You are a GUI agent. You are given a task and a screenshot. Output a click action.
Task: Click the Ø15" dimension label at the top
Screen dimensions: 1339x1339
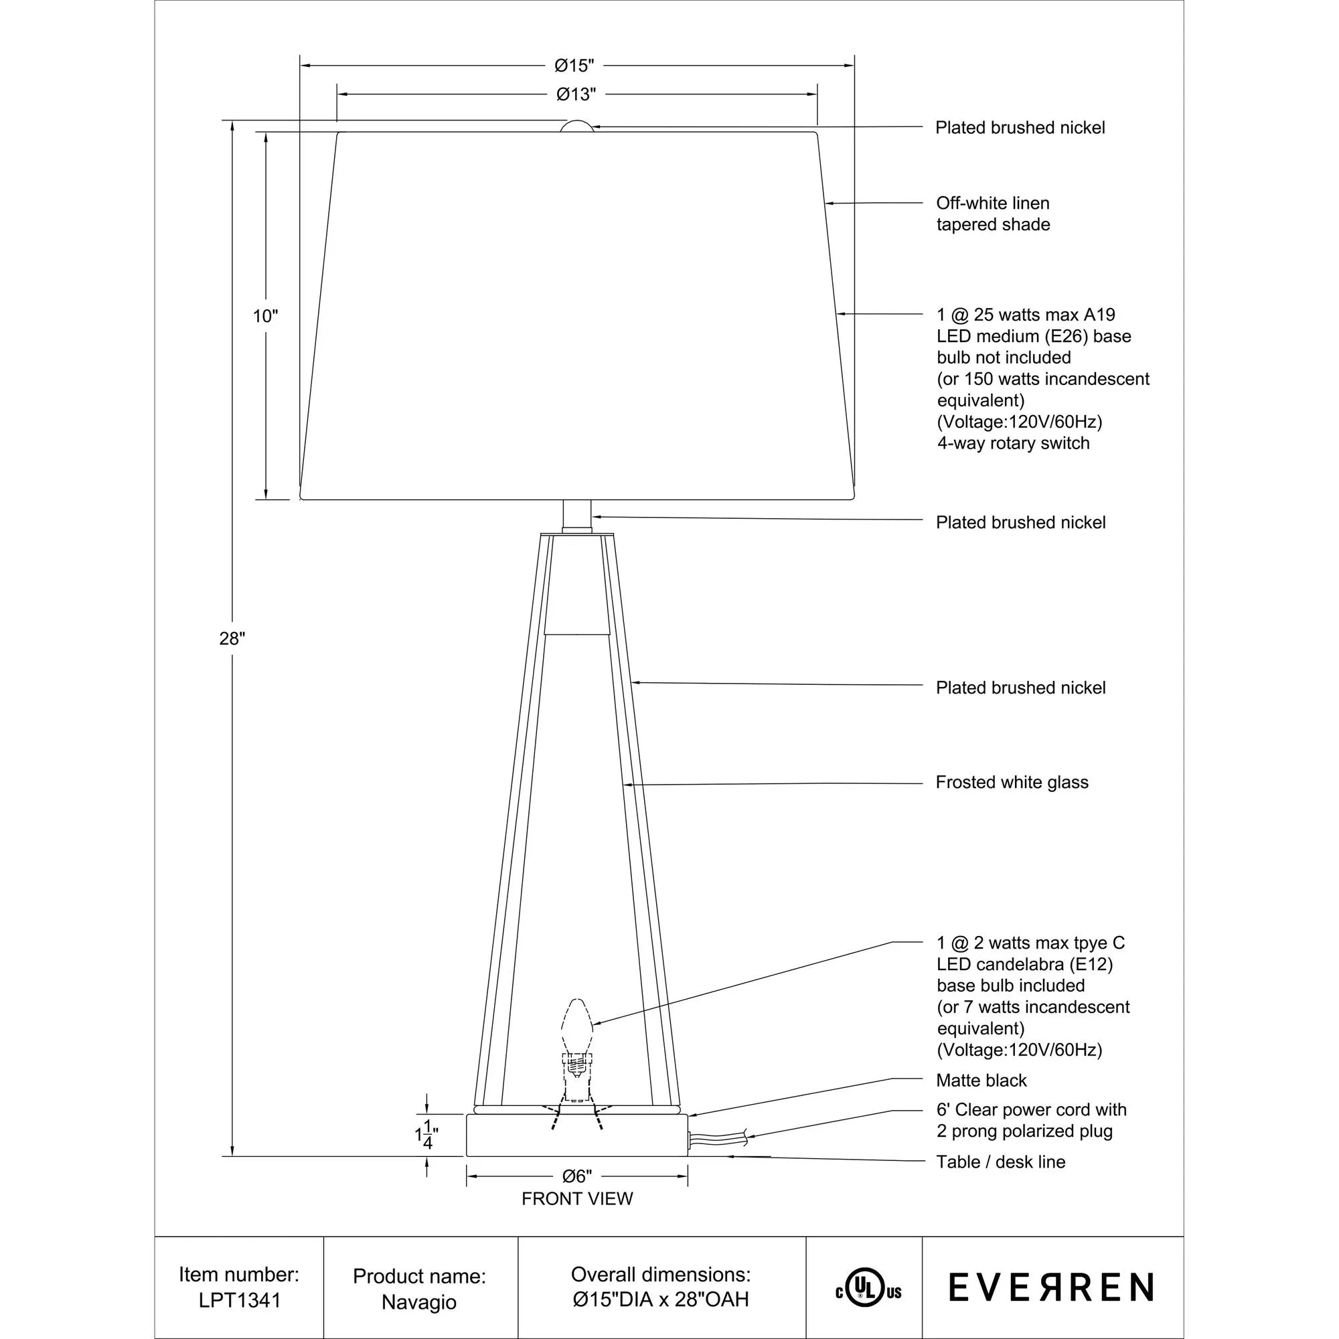574,66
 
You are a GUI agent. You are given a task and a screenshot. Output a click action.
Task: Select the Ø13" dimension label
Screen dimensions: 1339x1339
576,94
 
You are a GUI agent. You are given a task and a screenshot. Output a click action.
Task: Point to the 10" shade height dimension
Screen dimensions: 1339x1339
264,317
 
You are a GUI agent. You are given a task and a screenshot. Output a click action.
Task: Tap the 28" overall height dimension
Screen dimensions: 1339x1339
232,638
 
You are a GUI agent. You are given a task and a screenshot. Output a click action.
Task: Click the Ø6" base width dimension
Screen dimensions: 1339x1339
576,1176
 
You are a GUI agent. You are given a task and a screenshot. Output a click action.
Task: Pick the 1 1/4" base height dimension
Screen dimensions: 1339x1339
426,1135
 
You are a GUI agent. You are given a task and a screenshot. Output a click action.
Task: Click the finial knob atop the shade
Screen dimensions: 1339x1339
576,126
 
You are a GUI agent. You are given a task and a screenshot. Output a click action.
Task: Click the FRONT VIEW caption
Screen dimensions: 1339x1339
576,1199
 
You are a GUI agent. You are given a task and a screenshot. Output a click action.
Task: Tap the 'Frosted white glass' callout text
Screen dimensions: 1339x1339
1011,783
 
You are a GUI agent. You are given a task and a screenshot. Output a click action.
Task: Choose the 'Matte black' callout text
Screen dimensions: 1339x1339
981,1081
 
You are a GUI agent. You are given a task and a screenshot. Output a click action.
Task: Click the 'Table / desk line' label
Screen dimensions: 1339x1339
1000,1162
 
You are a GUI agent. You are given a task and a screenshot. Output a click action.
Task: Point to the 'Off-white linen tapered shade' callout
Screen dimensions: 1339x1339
992,214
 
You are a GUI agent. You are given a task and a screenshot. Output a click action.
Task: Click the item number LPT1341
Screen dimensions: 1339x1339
240,1300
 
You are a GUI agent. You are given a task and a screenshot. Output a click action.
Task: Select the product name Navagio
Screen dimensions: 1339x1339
418,1302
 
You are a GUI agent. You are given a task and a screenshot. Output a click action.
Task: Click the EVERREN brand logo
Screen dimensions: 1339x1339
1050,1287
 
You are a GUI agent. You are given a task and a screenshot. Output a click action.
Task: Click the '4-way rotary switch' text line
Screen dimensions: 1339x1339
1012,444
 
